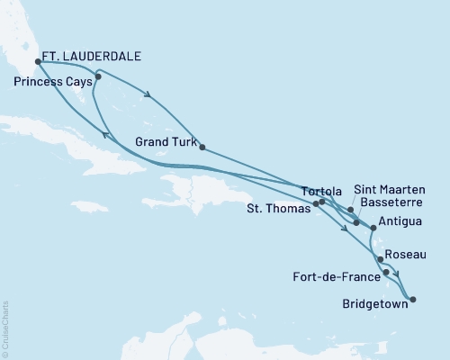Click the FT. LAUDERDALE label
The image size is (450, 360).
[x=92, y=56]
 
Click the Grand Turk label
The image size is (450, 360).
[x=165, y=140]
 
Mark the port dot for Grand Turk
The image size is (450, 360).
[x=202, y=147]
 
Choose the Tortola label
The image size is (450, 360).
[x=322, y=191]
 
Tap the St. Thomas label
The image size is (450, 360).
[x=278, y=208]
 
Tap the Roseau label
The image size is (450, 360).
[x=408, y=255]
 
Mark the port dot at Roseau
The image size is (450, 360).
[x=381, y=259]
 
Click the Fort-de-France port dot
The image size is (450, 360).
[x=386, y=272]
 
